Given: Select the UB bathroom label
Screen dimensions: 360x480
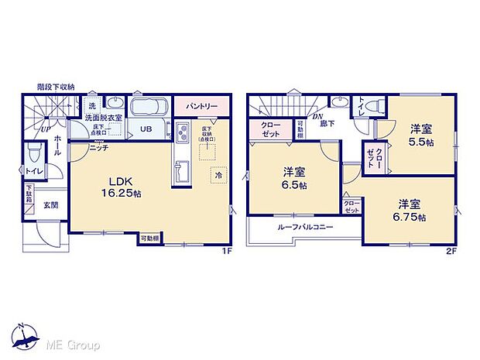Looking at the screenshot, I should click(145, 129).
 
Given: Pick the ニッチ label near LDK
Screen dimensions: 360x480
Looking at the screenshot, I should click(98, 147).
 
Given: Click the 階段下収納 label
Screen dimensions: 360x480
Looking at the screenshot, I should click(54, 87).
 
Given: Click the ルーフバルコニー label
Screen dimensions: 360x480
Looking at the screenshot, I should click(302, 229).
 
